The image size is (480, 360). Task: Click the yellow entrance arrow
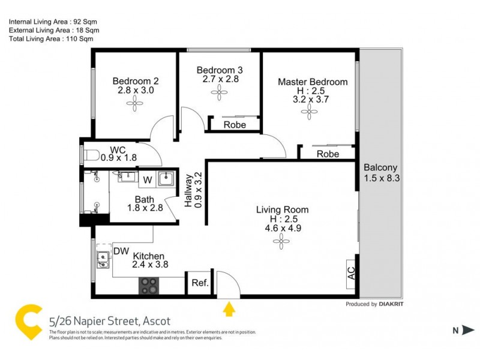[x=228, y=309]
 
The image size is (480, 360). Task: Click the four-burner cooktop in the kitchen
[x=149, y=286]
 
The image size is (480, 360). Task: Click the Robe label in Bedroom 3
[x=234, y=125]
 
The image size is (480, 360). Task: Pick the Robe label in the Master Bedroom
[x=328, y=154]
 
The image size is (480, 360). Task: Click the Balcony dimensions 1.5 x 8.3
[x=380, y=178]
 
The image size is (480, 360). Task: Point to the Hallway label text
[x=188, y=190]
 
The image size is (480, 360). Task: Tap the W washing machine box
[x=147, y=179]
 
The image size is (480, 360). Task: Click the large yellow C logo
[x=28, y=323]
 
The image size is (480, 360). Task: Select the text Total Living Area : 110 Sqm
[x=50, y=38]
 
